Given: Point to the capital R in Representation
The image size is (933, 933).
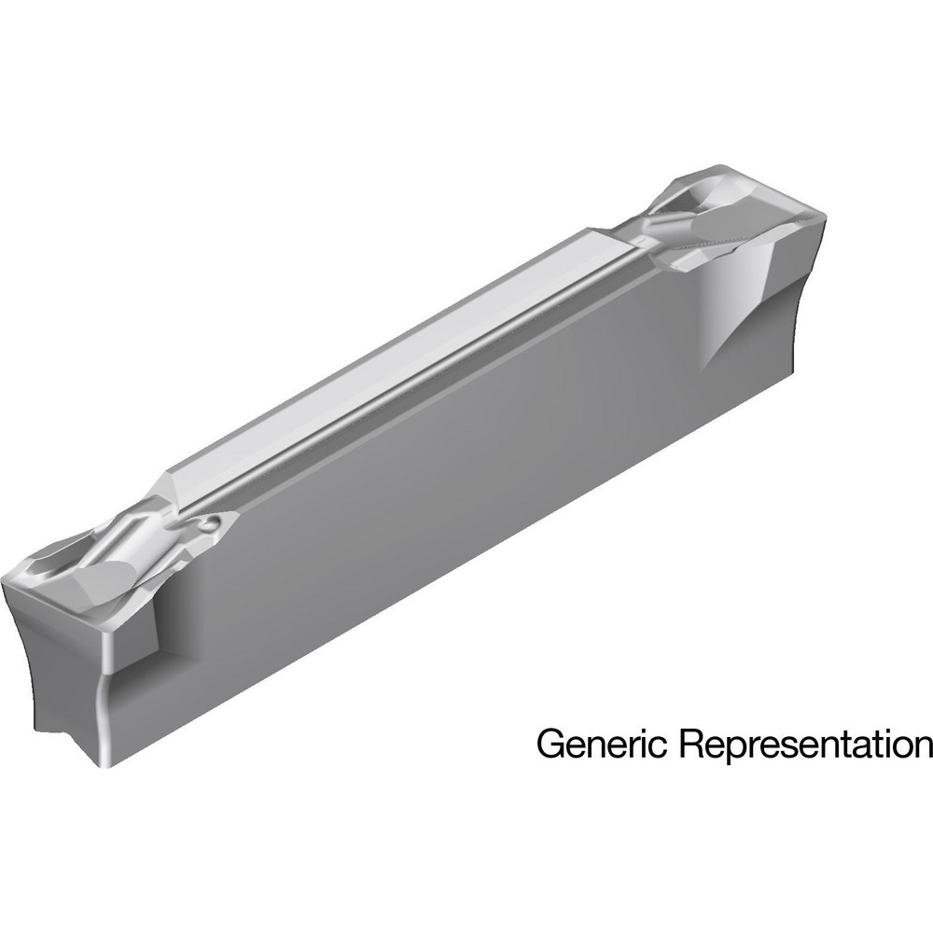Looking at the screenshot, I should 691,744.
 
